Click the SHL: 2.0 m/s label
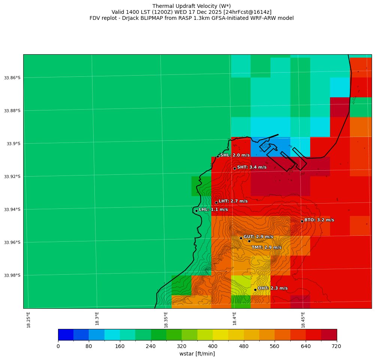(235, 155)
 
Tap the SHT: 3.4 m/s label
(252, 167)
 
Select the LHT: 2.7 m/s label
(233, 201)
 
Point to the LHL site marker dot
(196, 211)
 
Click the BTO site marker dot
(302, 221)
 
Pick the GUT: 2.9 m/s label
(258, 237)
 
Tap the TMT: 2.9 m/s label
(266, 247)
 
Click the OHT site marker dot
(255, 290)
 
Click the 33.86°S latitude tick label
(12, 78)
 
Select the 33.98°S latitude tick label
(12, 275)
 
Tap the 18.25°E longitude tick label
(28, 320)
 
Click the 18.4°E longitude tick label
(235, 320)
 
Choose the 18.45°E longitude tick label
(303, 320)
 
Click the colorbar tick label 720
(336, 346)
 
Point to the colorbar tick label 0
(58, 346)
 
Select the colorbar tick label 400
(213, 346)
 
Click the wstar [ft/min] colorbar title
(197, 354)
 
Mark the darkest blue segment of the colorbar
(66, 335)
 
